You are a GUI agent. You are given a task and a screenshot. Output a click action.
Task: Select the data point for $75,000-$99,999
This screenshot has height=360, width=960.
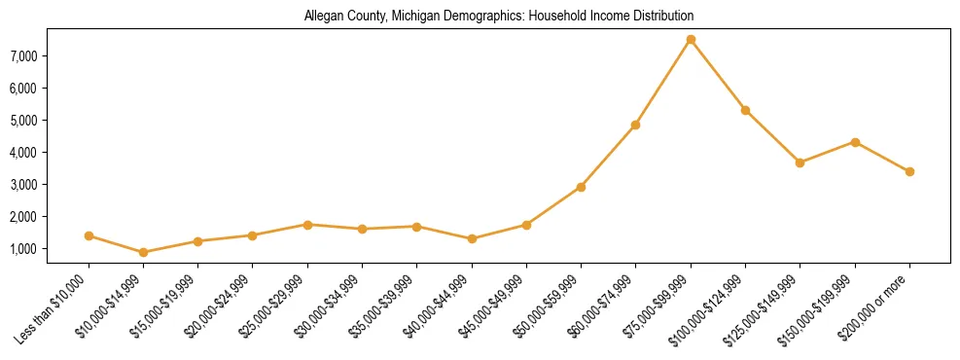(x=691, y=40)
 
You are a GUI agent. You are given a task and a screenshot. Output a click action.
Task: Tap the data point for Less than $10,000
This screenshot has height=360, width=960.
(x=89, y=235)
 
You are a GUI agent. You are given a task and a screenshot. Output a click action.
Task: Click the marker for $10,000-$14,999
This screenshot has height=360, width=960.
(x=144, y=252)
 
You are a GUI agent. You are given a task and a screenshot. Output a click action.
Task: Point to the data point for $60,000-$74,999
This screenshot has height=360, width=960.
(x=635, y=125)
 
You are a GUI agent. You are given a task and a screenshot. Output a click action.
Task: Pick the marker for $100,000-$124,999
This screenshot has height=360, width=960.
(x=745, y=110)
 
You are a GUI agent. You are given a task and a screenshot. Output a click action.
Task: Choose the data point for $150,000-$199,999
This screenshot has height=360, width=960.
(x=855, y=142)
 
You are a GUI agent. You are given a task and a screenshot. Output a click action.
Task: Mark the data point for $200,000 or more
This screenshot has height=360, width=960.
(x=909, y=171)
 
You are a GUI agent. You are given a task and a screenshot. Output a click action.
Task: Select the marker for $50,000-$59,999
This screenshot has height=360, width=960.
(x=581, y=187)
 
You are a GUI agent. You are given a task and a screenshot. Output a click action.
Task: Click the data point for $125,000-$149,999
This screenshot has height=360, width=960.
(x=800, y=162)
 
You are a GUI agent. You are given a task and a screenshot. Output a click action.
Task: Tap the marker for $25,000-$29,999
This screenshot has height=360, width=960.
(x=307, y=225)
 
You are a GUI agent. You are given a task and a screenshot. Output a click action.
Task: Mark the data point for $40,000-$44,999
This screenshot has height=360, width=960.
(x=472, y=238)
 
